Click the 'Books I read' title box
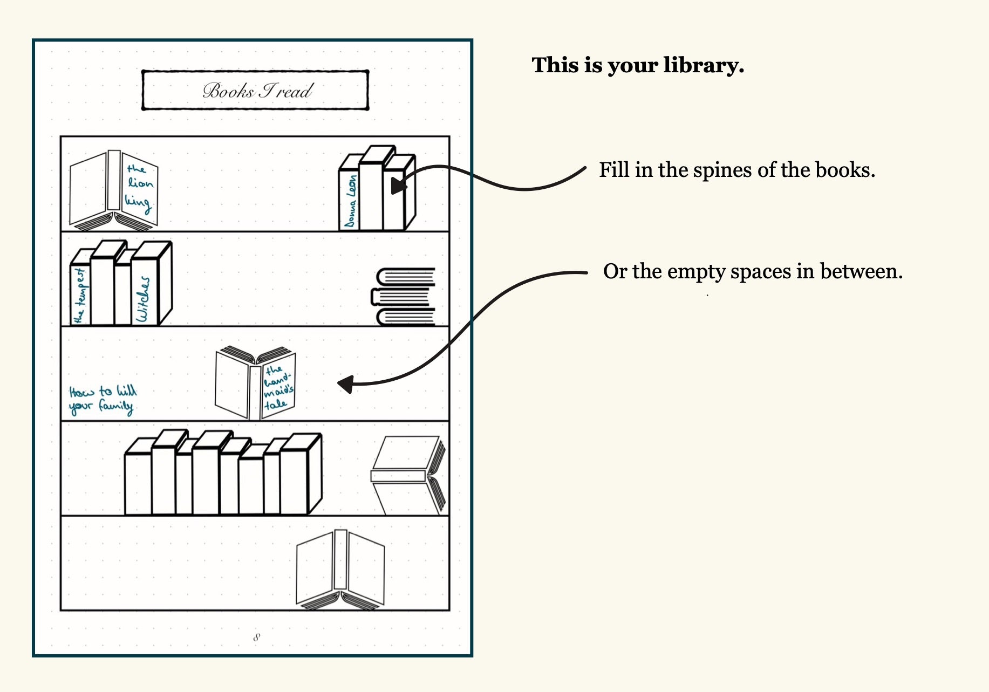click(x=255, y=90)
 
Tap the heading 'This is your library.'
click(x=638, y=65)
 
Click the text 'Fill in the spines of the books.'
click(x=736, y=170)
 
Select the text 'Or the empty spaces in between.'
click(x=752, y=271)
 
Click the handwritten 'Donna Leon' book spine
click(x=350, y=201)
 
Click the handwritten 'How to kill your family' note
click(x=103, y=400)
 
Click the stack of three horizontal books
click(x=405, y=297)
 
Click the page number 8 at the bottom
click(x=256, y=638)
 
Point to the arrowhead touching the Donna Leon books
click(x=398, y=185)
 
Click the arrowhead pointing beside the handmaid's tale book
click(x=346, y=384)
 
